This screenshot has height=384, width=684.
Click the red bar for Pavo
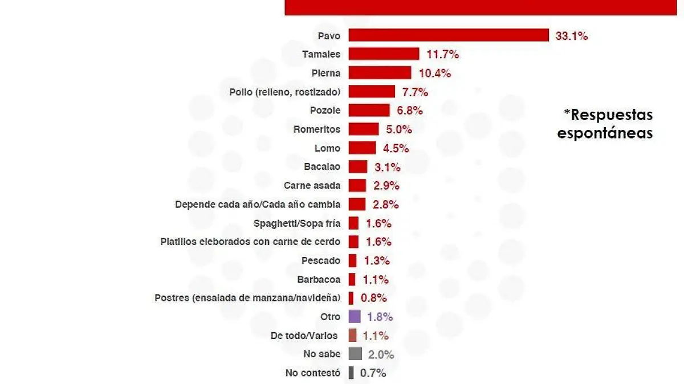tap(448, 35)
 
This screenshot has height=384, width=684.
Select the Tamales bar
tap(384, 54)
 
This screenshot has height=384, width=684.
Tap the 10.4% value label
tap(435, 73)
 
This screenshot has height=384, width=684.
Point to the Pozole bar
tap(369, 111)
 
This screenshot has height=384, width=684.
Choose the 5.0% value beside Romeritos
tap(399, 129)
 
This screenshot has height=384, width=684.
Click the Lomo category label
tap(327, 148)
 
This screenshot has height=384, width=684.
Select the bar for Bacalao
tap(358, 167)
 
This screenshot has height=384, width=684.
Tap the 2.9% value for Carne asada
tap(386, 186)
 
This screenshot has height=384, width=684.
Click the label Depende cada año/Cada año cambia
tap(258, 204)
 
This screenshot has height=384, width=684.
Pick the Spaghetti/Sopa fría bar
tap(353, 223)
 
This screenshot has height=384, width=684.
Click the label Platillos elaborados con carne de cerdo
tap(251, 242)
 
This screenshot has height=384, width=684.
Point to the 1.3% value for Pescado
tap(377, 260)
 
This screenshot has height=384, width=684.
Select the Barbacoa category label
tap(319, 279)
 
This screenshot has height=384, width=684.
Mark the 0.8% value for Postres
tap(374, 298)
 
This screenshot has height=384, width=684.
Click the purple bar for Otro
tap(355, 317)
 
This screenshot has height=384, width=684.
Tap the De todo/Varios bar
tap(352, 336)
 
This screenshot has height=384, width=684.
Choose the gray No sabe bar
tap(355, 354)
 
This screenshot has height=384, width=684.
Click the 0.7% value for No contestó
tap(373, 373)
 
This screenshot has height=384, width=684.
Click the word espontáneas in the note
tap(605, 134)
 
